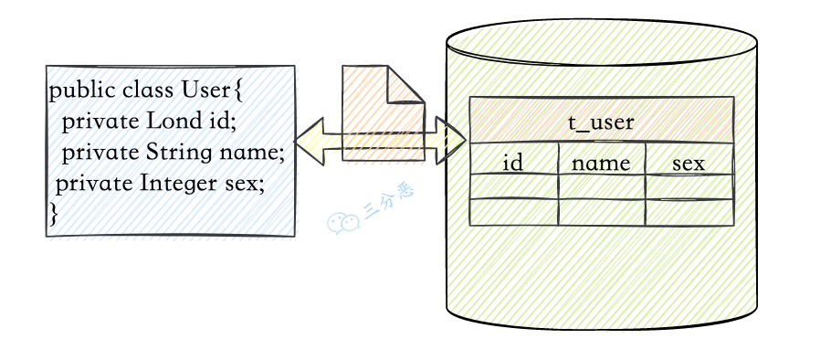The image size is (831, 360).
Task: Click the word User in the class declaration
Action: coord(205,90)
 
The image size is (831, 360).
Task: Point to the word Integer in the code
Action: coord(178,185)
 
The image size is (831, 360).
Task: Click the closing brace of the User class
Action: coord(54,213)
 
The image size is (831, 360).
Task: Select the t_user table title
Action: coord(601,122)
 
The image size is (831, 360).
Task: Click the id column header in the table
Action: coord(512,163)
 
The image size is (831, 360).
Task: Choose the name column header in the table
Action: coord(601,164)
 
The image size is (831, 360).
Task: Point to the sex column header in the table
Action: coord(689,164)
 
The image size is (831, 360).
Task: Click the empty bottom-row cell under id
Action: coord(513,212)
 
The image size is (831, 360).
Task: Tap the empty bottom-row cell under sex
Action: coord(689,212)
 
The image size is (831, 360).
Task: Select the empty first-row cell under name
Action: coord(602,186)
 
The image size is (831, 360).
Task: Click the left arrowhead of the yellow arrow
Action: coord(310,141)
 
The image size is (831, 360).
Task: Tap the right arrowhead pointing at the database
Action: coord(450,141)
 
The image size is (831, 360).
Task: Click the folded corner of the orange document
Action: coord(406,84)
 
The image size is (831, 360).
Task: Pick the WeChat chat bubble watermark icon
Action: coord(342,223)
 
